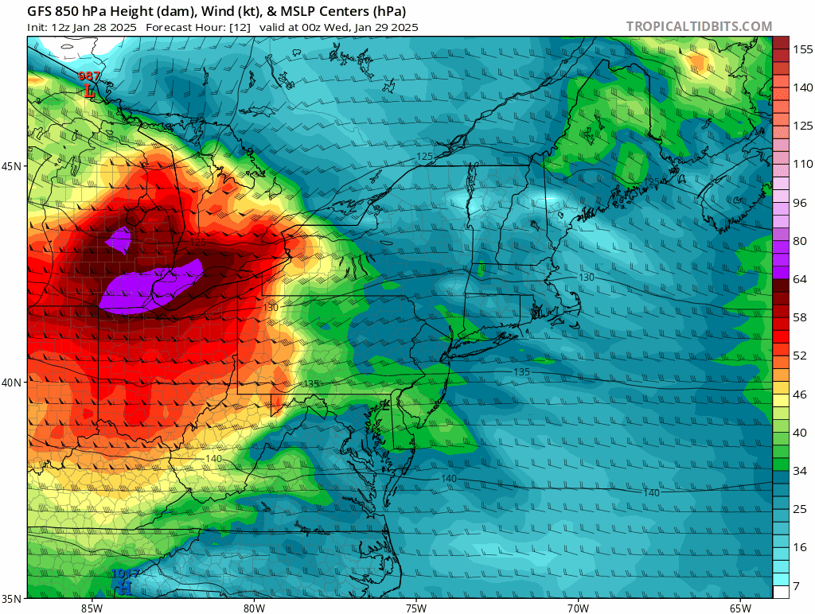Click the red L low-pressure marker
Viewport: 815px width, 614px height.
[x=89, y=91]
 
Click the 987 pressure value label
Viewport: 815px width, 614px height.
[x=89, y=76]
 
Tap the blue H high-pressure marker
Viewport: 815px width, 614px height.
[x=124, y=588]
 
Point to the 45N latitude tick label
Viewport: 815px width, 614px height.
[x=13, y=166]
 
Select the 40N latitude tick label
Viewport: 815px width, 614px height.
[x=13, y=382]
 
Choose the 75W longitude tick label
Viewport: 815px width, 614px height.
[x=415, y=608]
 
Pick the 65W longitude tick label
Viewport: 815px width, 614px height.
[x=740, y=608]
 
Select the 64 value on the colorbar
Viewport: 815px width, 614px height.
[x=800, y=278]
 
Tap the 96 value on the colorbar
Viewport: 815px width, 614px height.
[x=800, y=202]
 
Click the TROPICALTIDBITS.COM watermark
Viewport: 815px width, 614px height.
[x=699, y=26]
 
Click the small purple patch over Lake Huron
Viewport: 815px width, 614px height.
[x=119, y=239]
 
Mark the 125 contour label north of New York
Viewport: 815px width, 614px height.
[x=424, y=157]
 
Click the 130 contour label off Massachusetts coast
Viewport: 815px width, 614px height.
[x=586, y=277]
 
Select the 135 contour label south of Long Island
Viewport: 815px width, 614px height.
[x=521, y=371]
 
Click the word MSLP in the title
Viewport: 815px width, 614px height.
[x=292, y=11]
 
